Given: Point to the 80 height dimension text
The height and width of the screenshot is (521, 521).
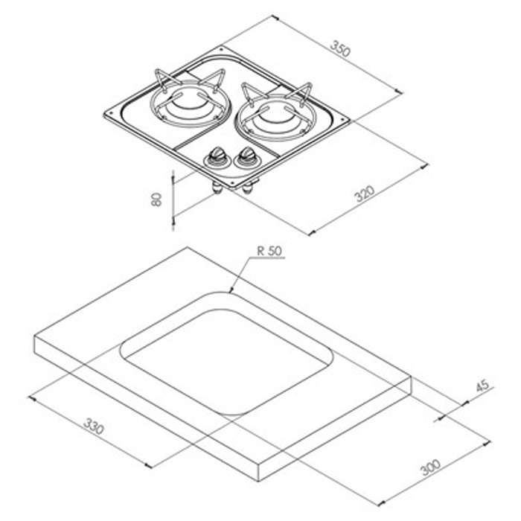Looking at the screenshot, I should click(156, 199).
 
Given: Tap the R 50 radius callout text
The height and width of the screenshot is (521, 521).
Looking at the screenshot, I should click(269, 252).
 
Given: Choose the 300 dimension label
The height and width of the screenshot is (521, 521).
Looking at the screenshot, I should click(431, 468).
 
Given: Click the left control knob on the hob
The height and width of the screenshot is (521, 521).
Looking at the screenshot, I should click(217, 156).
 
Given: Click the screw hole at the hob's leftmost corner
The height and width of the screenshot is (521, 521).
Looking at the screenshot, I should click(111, 114).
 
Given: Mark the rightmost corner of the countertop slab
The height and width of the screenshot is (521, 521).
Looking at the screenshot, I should click(411, 378).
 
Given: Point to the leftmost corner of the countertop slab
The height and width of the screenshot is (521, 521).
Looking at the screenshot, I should click(35, 336).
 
